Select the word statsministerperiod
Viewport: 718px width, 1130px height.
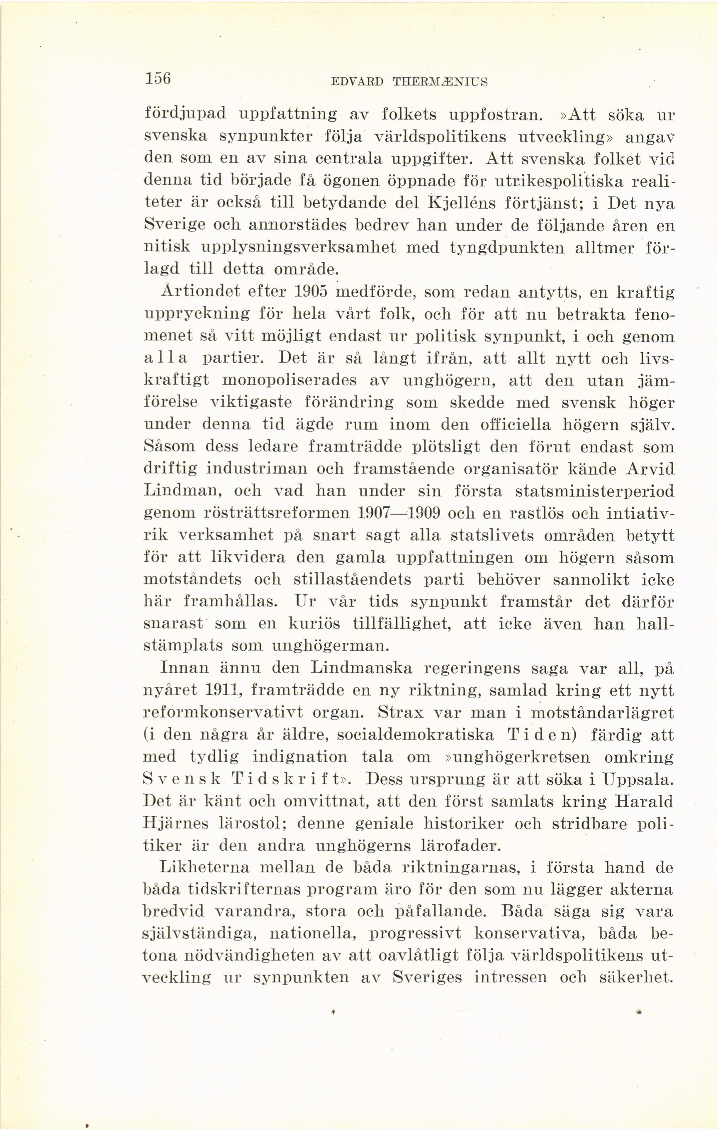click(x=594, y=491)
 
